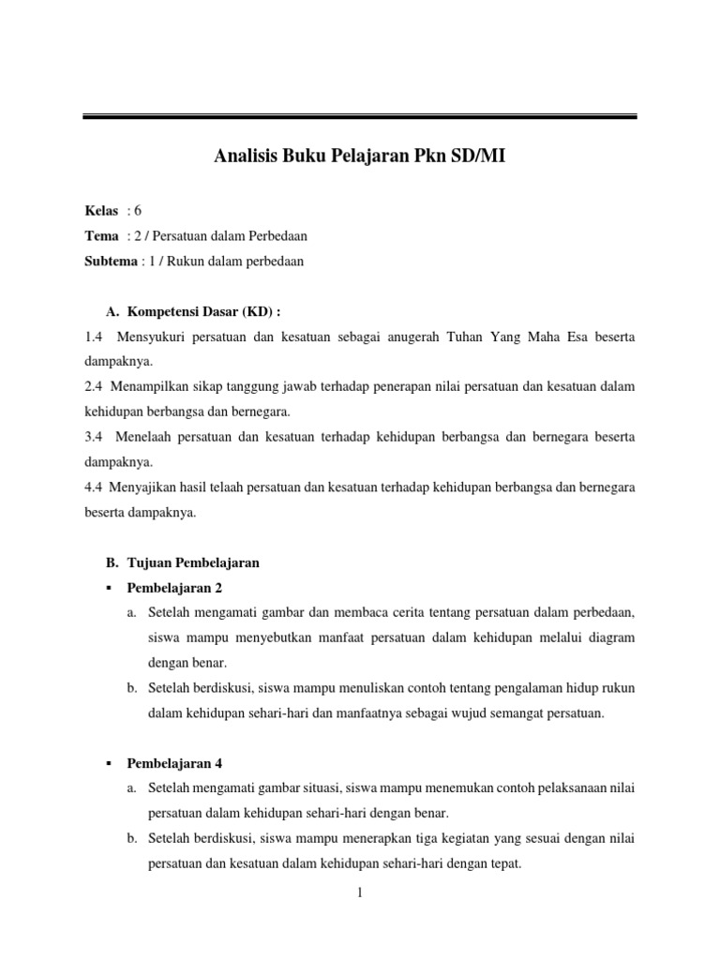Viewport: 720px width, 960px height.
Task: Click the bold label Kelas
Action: pos(101,211)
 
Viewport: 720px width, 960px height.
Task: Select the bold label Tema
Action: pos(101,236)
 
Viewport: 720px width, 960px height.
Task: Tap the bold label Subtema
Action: pos(111,262)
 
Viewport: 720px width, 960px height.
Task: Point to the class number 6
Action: pos(137,211)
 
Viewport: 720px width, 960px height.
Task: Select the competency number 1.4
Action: pos(94,336)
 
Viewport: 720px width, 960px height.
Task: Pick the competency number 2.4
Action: pos(94,386)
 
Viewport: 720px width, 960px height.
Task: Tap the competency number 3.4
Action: pos(94,437)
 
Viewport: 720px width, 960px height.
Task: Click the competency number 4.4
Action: pos(94,487)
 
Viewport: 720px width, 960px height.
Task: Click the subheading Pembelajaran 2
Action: pos(173,588)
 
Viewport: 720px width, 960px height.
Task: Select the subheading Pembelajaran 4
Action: pos(173,763)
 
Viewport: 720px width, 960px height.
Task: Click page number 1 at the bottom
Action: pos(360,893)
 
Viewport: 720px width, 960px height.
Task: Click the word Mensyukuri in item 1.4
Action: pos(151,336)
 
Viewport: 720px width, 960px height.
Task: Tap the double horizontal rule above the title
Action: pos(359,116)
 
